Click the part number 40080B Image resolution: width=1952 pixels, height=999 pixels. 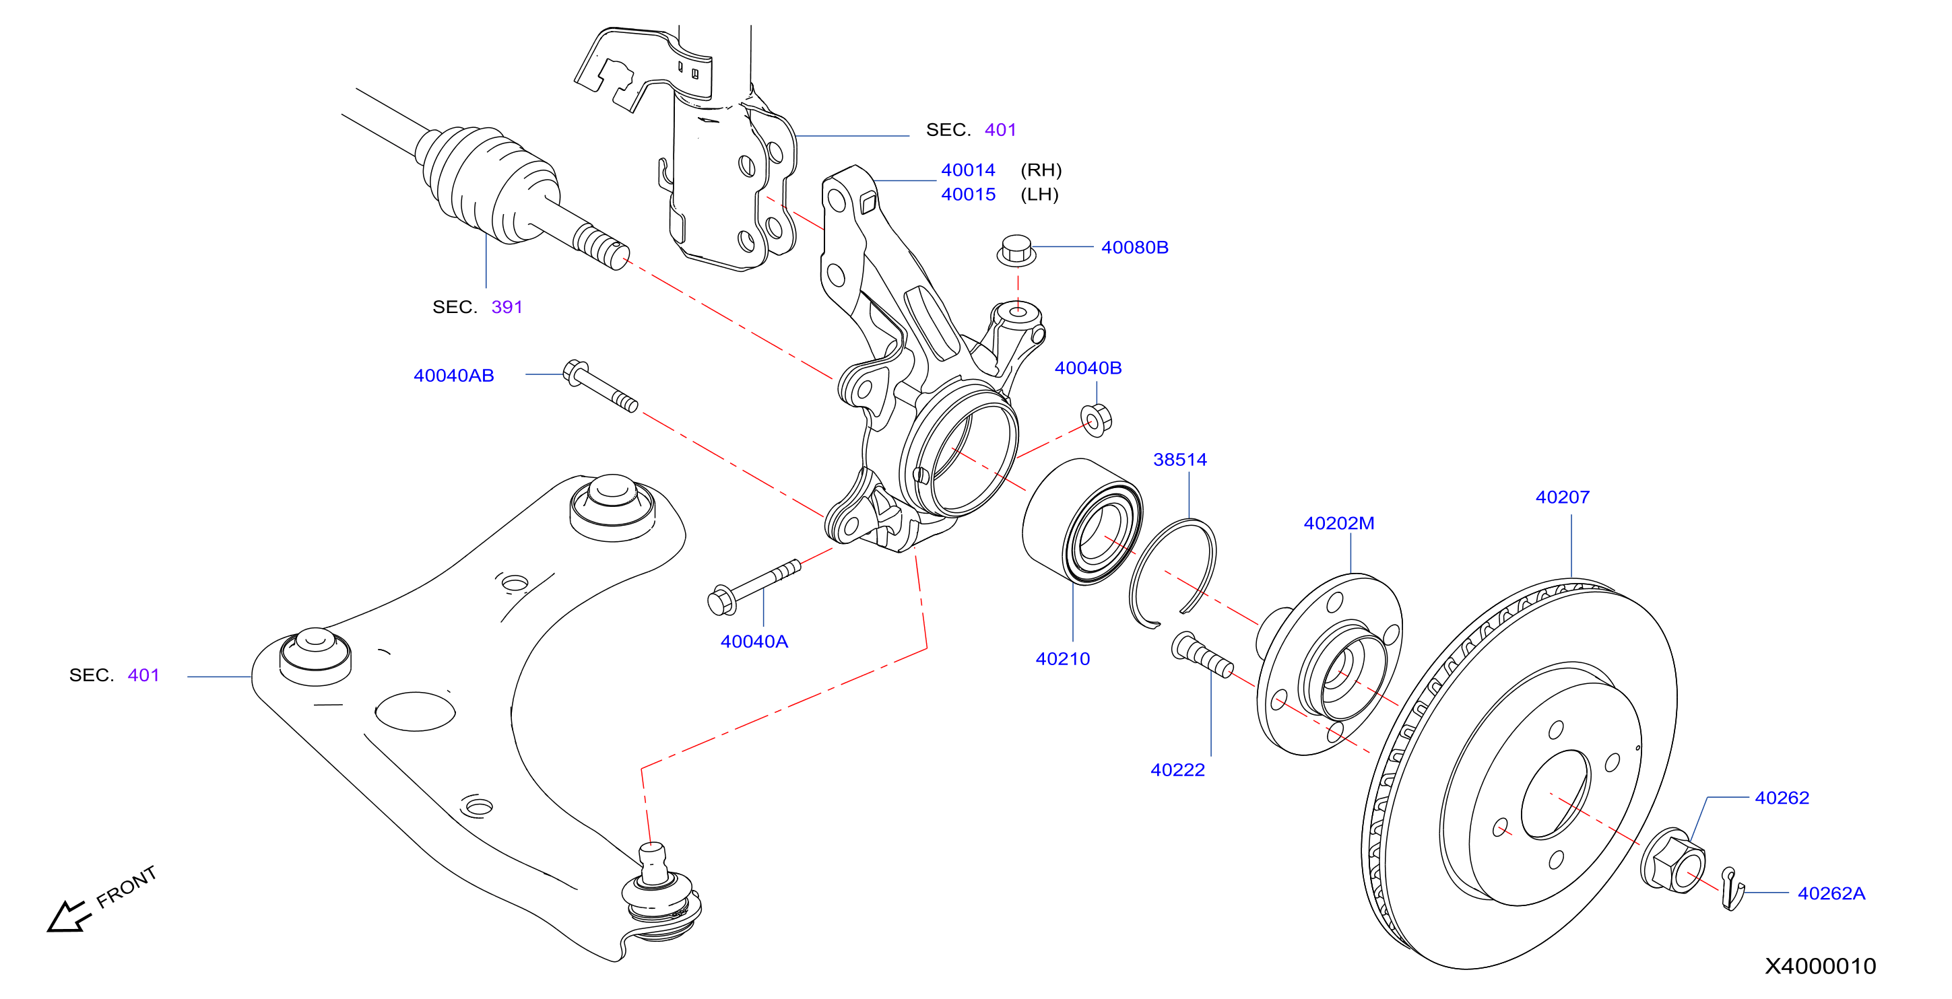coord(1134,248)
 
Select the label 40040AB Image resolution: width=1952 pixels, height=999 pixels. coord(453,376)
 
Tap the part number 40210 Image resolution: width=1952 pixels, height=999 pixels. coord(1062,659)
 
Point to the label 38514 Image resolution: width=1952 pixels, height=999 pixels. coord(1180,460)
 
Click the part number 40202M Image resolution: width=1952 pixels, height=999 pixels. coord(1338,523)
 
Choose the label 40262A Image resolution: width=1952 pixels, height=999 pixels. coord(1831,894)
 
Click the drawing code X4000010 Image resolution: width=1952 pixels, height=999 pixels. coord(1820,967)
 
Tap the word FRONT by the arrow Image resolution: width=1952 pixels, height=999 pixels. coord(127,886)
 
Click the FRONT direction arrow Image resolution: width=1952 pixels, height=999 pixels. coord(69,916)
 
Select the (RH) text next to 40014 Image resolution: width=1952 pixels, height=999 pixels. coord(1041,170)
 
